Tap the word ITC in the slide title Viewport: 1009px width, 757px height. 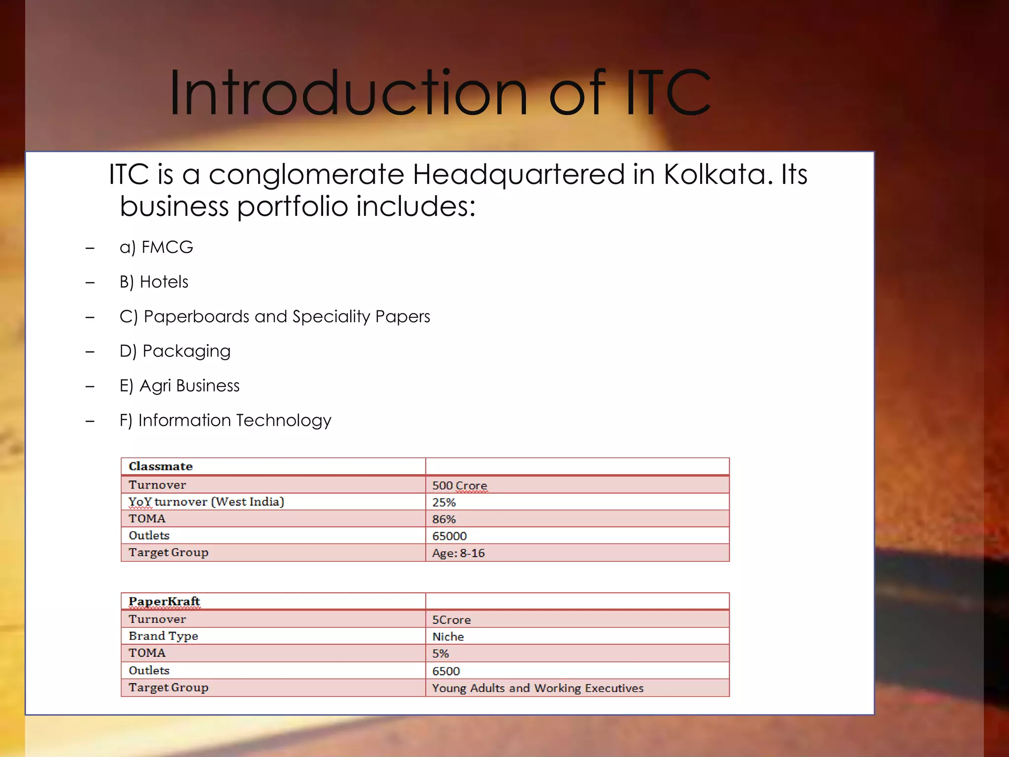pyautogui.click(x=668, y=94)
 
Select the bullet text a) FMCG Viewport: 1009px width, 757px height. pyautogui.click(x=156, y=247)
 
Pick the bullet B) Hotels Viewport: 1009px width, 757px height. pyautogui.click(x=154, y=282)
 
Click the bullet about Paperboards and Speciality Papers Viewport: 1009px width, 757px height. pyautogui.click(x=274, y=316)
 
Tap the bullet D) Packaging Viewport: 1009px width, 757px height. pyautogui.click(x=175, y=351)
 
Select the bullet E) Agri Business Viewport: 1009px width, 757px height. pyautogui.click(x=179, y=385)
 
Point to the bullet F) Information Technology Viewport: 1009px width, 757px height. pyautogui.click(x=225, y=420)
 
